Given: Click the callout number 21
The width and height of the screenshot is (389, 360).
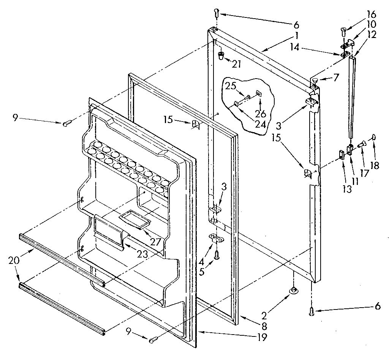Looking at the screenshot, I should point(236,64).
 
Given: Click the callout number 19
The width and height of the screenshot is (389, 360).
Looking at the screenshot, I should point(262,336).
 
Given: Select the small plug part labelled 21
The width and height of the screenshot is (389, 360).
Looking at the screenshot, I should point(221,56).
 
